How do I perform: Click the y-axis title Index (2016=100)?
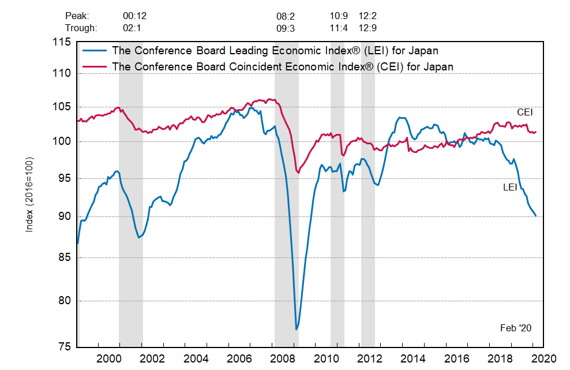pos(29,194)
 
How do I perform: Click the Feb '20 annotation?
pos(515,328)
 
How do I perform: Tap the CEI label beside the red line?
pos(524,112)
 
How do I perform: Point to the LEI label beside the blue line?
pos(510,187)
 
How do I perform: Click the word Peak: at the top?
pos(77,16)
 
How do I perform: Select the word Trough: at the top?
pos(81,27)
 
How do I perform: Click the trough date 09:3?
pos(286,27)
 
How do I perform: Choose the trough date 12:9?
pos(367,27)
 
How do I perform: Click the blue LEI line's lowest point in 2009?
pos(296,330)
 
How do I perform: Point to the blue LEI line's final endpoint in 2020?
pos(536,216)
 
